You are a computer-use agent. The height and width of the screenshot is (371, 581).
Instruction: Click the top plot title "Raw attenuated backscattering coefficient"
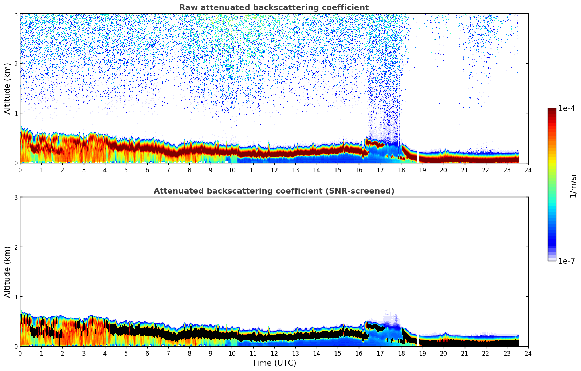tap(274, 8)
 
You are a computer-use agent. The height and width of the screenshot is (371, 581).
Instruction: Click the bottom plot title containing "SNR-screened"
tap(274, 191)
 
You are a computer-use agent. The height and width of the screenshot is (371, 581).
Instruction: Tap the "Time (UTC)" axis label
tap(274, 363)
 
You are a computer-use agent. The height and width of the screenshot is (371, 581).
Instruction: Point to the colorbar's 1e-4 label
tap(566, 108)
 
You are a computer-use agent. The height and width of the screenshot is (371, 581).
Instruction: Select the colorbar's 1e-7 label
tap(566, 261)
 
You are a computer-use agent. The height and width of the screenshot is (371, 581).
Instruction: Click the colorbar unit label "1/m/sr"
tap(573, 185)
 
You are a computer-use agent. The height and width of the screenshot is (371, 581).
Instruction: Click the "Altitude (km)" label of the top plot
tap(8, 88)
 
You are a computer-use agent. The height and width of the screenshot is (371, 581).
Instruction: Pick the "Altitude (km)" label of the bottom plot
tap(8, 272)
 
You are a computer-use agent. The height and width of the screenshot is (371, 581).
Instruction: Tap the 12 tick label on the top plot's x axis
tap(274, 170)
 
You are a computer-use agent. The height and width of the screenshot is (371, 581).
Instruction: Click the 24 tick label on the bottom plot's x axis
tap(528, 353)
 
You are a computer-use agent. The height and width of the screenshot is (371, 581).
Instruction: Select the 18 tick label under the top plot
tap(401, 170)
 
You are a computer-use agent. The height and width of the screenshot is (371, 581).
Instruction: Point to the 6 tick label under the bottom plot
tap(147, 353)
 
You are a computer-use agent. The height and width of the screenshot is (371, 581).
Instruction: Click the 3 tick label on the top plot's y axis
tap(16, 14)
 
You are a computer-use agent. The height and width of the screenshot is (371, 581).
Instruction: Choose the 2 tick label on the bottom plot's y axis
tap(16, 247)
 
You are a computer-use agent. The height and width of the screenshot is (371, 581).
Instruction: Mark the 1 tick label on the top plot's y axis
tap(16, 113)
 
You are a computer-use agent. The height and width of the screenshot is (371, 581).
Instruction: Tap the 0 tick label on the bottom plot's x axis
tap(20, 353)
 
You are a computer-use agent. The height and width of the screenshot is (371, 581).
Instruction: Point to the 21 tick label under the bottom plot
tap(464, 353)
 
